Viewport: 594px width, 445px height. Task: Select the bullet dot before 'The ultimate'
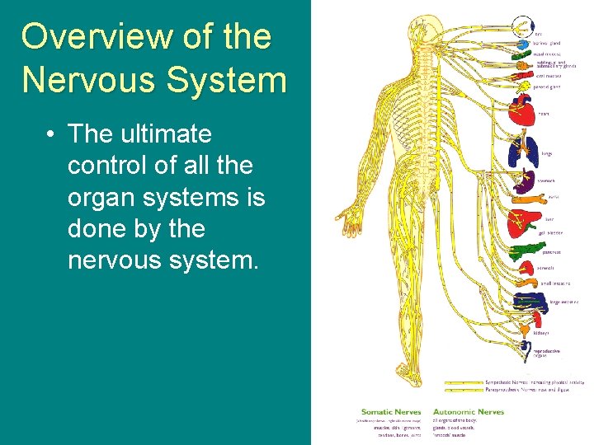[50, 133]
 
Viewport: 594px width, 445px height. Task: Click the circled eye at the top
[521, 24]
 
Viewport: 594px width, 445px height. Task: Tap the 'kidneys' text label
[541, 333]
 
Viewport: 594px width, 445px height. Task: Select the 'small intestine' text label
[555, 283]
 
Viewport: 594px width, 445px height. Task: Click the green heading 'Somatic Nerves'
[391, 412]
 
